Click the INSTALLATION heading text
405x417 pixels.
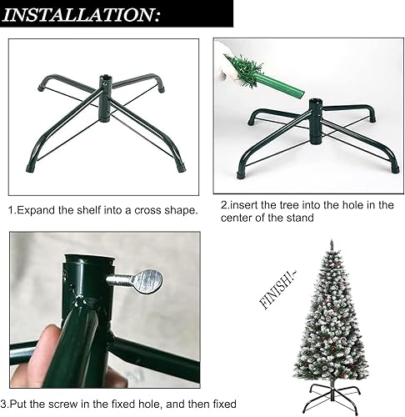point(81,15)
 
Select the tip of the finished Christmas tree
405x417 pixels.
point(332,241)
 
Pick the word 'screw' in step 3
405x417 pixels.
point(63,404)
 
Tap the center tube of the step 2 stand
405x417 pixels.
point(316,121)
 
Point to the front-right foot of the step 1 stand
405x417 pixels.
point(181,168)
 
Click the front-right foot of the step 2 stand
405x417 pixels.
point(395,168)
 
